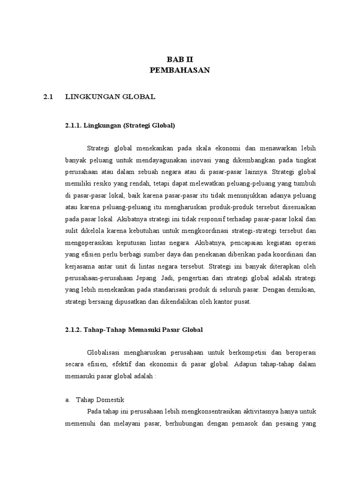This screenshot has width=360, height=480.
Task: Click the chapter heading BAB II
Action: coord(180,59)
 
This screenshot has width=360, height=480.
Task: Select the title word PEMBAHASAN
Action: coord(180,70)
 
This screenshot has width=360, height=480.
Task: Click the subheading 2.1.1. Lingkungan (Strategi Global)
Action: coord(120,125)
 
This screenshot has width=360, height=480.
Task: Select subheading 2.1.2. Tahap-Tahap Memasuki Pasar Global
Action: coord(134,330)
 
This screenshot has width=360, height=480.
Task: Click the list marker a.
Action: coord(67,399)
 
